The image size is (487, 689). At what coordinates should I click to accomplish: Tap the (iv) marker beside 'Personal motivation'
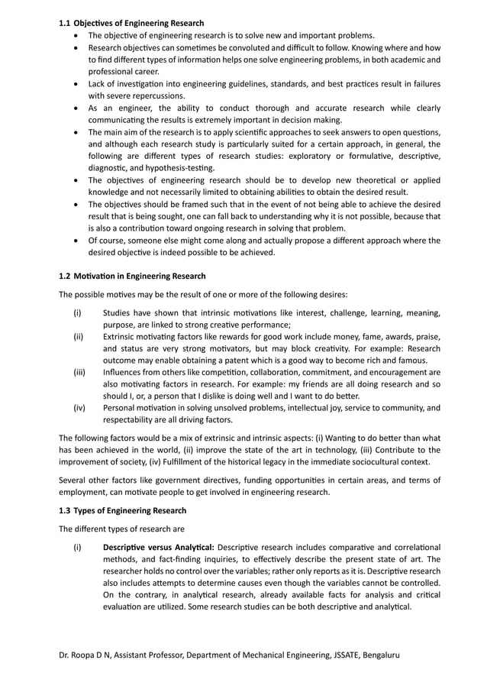tap(79, 408)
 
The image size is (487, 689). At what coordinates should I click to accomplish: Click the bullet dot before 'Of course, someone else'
tap(77, 241)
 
